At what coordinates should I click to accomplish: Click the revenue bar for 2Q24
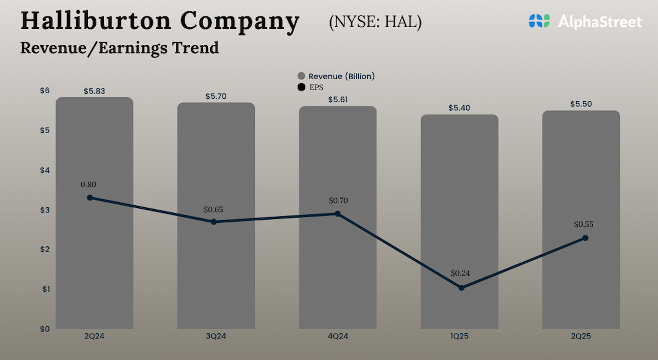[94, 257]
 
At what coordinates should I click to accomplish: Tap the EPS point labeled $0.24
[461, 287]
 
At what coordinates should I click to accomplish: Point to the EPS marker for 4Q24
[337, 213]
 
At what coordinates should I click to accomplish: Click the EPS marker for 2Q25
[585, 238]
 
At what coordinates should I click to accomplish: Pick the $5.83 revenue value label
[94, 91]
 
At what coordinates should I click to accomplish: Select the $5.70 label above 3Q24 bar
[216, 96]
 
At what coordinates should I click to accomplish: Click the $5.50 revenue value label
[581, 104]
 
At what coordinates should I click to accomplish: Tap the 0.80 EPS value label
[88, 185]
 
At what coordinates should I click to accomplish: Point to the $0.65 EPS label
[213, 209]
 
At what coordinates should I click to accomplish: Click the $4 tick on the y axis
[45, 170]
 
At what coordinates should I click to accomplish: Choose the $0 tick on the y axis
[45, 329]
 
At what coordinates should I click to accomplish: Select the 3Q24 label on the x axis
[216, 336]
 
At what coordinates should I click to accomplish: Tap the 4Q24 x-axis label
[338, 336]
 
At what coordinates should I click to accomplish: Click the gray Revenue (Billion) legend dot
[301, 76]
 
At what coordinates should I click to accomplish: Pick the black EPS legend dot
[301, 87]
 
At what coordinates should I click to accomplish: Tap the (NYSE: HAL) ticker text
[375, 22]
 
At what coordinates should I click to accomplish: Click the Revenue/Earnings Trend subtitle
[119, 48]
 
